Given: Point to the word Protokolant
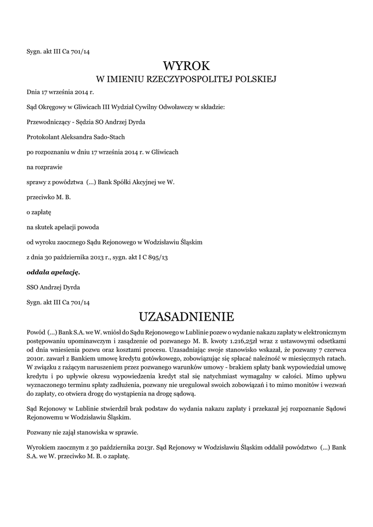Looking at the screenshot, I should [x=43, y=137].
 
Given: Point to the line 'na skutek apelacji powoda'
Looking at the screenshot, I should [x=63, y=227].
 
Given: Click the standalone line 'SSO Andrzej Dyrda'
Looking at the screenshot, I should [x=54, y=286].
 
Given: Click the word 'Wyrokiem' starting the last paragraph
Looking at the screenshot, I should [x=41, y=447].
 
